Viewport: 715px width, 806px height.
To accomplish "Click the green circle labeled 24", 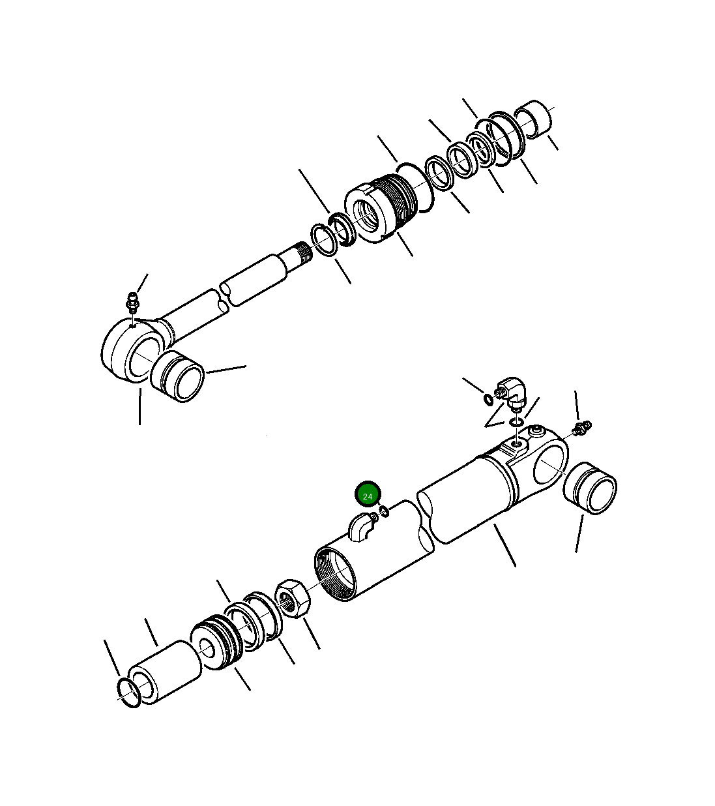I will (x=368, y=496).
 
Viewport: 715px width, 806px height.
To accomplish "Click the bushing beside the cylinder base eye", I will (x=590, y=488).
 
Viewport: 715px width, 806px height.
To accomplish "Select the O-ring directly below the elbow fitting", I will (x=516, y=423).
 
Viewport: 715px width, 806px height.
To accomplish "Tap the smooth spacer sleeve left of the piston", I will (x=166, y=672).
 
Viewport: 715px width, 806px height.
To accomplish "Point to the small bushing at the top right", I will (x=535, y=118).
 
